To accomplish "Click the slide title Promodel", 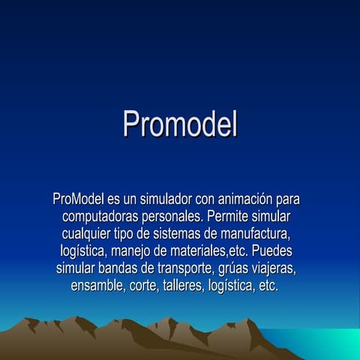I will click(180, 124).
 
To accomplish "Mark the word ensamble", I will click(97, 286).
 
